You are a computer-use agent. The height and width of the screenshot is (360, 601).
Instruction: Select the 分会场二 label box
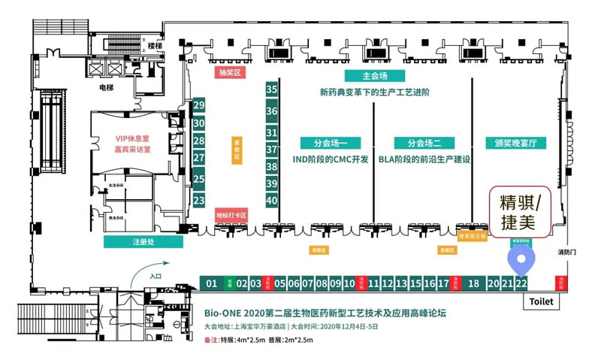click(424, 142)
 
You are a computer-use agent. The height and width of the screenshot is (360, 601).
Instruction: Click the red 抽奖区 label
click(228, 73)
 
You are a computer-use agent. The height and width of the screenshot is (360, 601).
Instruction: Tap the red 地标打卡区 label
click(231, 214)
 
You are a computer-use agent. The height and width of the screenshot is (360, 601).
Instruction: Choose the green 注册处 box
click(143, 242)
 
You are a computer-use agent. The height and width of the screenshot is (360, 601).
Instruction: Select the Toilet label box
click(541, 301)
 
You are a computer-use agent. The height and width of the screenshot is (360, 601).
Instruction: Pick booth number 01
click(211, 283)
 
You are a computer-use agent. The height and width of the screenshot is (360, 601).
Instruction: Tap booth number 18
click(473, 283)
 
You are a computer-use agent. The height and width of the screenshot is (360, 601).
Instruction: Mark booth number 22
click(521, 283)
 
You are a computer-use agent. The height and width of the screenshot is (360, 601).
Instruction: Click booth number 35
click(272, 89)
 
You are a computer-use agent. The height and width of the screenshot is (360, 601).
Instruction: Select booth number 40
click(272, 201)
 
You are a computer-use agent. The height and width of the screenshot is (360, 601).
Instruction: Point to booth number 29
click(199, 105)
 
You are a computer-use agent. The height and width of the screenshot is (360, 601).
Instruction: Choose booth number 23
click(199, 201)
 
